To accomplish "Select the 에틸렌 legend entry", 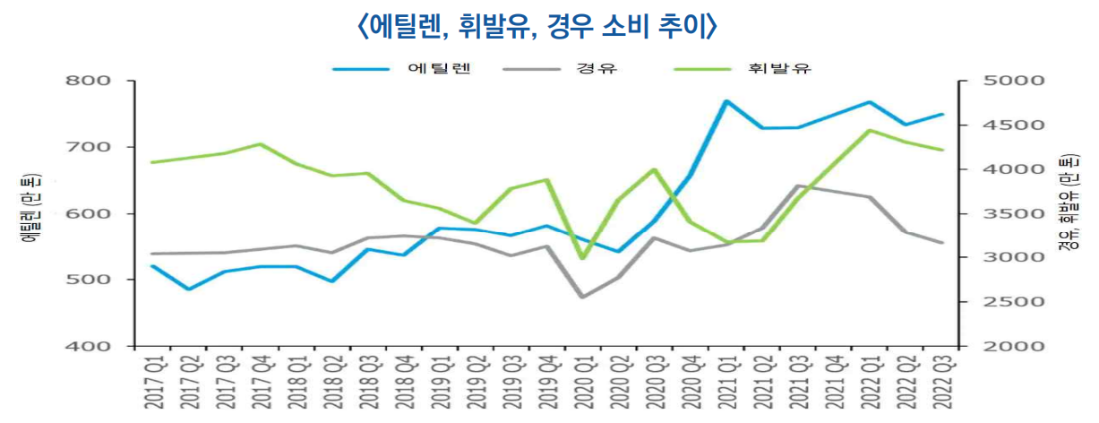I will click(438, 68).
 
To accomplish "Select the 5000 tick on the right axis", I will click(1009, 81).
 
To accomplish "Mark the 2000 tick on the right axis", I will click(1009, 346).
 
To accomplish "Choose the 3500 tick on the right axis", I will click(1009, 213).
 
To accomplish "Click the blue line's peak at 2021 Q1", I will click(726, 101).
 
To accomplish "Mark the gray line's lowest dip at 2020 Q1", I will click(583, 297).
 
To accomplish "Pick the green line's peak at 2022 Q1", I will click(869, 131).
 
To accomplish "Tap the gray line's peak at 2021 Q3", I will click(798, 186).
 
